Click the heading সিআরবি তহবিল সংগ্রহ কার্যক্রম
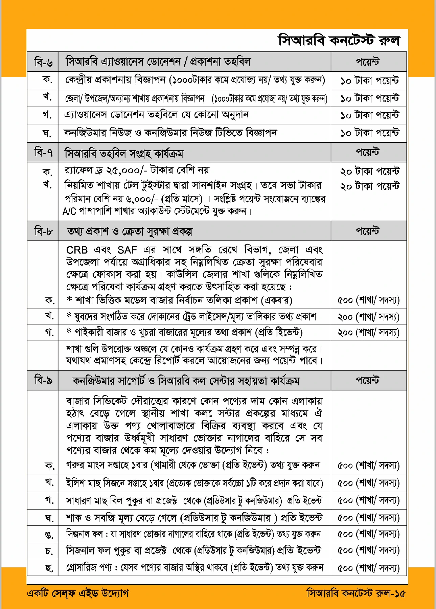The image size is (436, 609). (x=124, y=154)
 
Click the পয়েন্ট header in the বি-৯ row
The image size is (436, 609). (x=368, y=381)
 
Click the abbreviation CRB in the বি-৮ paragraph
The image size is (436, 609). (x=77, y=250)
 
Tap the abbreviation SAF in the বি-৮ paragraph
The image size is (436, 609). (x=127, y=250)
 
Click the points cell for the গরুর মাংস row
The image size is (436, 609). (x=368, y=466)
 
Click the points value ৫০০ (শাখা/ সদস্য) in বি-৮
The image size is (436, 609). (x=368, y=300)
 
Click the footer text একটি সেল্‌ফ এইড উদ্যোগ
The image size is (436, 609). (x=78, y=593)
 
